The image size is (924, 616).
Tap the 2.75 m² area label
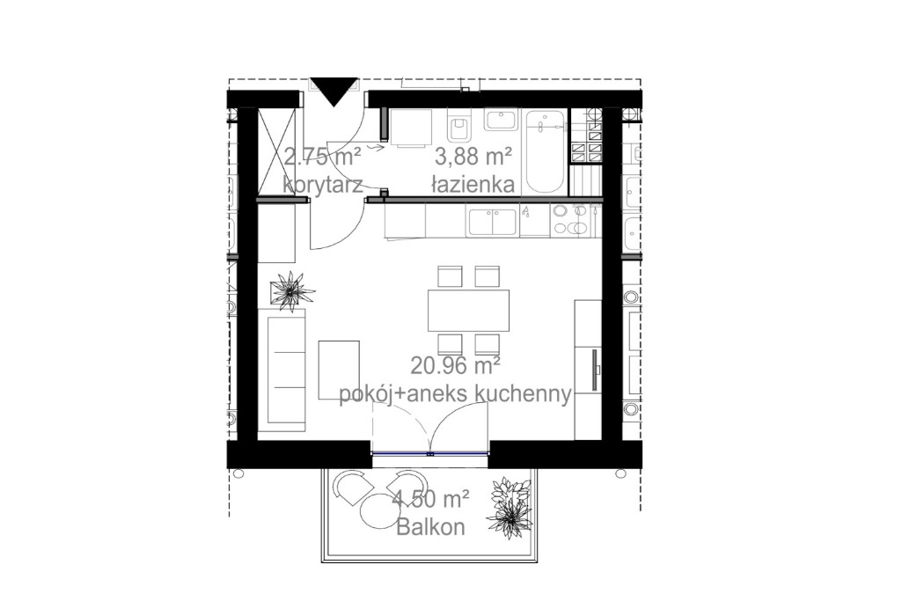click(322, 158)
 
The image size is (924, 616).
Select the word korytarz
click(322, 185)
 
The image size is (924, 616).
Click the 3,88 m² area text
click(473, 158)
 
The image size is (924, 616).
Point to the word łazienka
click(473, 185)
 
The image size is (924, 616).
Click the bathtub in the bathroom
click(545, 151)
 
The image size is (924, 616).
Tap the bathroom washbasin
click(501, 119)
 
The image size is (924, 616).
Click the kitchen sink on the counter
click(493, 221)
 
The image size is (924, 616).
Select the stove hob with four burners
click(570, 220)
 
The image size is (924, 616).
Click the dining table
click(468, 310)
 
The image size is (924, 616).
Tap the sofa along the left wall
click(286, 370)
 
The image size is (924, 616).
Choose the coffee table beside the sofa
click(339, 370)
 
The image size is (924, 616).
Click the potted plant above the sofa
click(291, 290)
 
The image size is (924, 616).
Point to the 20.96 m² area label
click(456, 366)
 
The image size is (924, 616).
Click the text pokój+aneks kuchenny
click(455, 393)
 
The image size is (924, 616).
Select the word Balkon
click(431, 527)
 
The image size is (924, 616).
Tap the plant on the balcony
click(510, 507)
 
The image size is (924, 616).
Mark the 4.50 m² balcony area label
click(431, 499)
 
